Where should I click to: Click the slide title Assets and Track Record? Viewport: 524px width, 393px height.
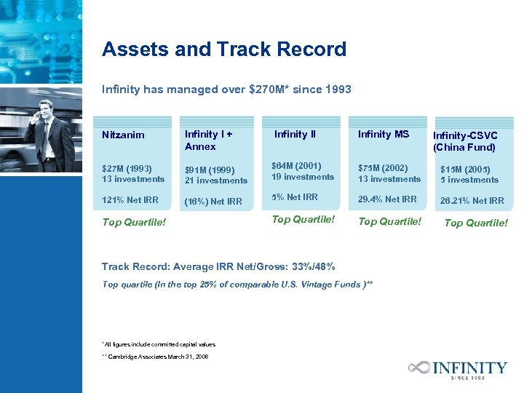coord(224,49)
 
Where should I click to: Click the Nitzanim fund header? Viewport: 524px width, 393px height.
coord(123,135)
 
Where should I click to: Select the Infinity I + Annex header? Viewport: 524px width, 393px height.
coord(209,140)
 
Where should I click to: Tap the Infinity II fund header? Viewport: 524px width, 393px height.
coord(295,134)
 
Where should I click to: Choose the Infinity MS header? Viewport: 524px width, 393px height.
coord(384,134)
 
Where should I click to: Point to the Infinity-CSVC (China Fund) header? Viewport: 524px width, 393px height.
coord(465,141)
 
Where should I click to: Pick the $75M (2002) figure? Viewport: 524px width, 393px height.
coord(384,168)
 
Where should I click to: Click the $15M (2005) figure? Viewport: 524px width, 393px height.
coord(469,169)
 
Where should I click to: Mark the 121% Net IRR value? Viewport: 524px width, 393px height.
coord(130,200)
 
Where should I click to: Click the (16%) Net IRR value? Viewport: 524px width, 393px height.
coord(213,202)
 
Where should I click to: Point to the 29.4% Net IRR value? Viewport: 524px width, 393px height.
coord(387,199)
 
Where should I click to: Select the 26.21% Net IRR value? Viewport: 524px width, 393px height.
coord(472,201)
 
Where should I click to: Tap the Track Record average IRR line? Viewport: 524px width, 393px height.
coord(218,266)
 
